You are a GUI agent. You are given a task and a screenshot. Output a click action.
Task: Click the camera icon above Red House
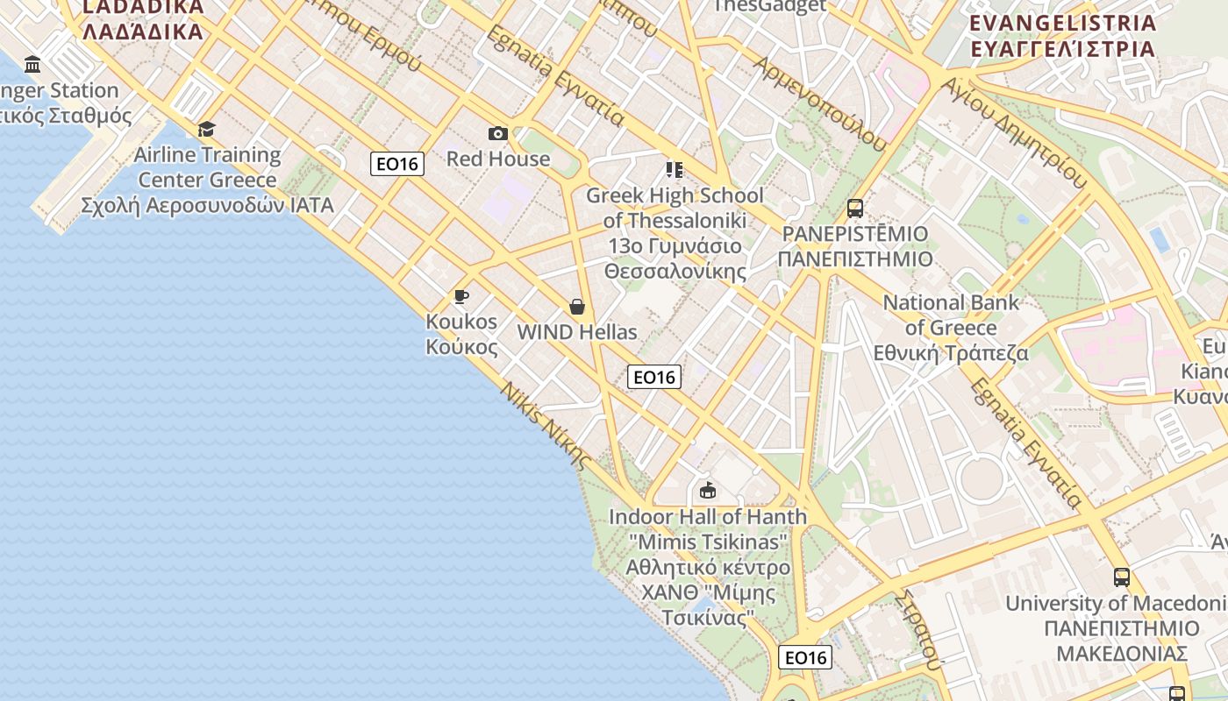(x=498, y=134)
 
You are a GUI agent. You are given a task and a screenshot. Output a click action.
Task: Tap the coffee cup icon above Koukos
(x=461, y=296)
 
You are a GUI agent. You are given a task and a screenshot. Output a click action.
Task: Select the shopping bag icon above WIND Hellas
(x=577, y=307)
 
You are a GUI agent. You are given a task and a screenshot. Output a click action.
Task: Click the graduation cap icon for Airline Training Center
(x=206, y=130)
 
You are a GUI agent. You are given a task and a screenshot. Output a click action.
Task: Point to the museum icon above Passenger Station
(x=33, y=64)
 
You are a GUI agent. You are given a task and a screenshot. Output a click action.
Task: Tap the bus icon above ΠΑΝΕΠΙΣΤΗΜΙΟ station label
(x=855, y=209)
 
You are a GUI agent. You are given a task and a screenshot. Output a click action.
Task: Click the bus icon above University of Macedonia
(x=1122, y=577)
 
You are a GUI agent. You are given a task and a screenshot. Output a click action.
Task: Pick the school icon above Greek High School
(x=674, y=169)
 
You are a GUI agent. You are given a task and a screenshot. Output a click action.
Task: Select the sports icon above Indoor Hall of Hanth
(x=708, y=490)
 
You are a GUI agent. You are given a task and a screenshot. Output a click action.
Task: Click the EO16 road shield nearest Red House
(x=397, y=164)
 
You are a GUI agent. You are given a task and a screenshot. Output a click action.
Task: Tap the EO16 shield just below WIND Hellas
(x=654, y=378)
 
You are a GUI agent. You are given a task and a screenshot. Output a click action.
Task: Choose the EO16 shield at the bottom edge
(x=805, y=657)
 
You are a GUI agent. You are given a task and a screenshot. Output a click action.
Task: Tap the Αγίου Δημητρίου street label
(x=1017, y=132)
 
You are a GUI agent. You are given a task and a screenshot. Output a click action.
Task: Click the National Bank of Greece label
(x=951, y=328)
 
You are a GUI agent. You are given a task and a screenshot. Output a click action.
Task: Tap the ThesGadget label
(x=770, y=6)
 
